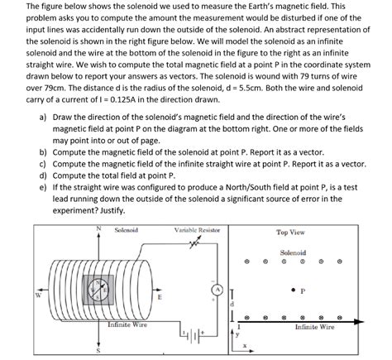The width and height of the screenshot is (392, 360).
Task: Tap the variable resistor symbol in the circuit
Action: (194, 243)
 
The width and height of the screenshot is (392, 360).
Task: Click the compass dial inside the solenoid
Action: (98, 290)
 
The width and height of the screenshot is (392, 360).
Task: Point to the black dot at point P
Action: (294, 290)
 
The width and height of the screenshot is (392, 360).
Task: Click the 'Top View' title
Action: (290, 233)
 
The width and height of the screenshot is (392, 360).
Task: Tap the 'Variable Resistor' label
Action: (197, 230)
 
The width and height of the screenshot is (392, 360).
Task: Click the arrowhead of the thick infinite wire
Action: (359, 322)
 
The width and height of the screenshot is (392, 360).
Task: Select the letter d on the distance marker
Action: (232, 305)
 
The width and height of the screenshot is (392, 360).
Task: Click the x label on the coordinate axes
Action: (245, 346)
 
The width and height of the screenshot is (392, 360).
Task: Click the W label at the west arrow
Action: (38, 295)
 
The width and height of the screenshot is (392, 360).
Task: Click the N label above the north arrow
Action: (98, 228)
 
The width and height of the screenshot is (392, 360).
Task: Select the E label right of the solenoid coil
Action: (159, 297)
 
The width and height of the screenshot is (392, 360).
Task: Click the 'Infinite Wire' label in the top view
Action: (314, 327)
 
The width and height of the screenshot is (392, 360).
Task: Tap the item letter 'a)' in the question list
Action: (42, 118)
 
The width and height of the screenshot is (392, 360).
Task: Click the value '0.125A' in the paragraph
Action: (122, 100)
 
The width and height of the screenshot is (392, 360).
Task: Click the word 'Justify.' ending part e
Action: (112, 211)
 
